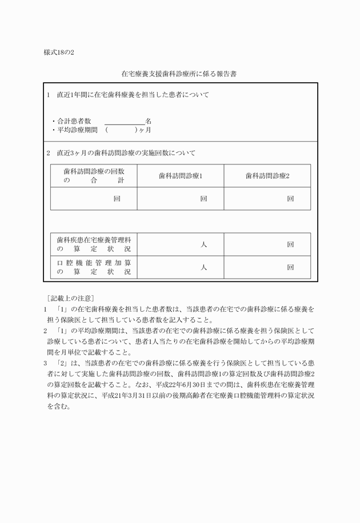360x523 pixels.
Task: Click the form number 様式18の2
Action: pos(59,53)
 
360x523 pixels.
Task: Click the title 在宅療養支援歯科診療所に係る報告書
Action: pos(180,74)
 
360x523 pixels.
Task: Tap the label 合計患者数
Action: pos(74,121)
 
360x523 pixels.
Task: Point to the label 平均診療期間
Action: pos(78,130)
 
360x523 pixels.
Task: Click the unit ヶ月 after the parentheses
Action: pos(146,130)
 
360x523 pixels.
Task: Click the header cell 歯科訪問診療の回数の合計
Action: pos(94,176)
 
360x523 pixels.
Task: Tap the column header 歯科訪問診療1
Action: pos(181,176)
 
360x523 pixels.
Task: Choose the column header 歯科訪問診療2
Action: pos(267,176)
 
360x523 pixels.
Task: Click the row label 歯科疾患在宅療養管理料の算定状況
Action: pos(94,244)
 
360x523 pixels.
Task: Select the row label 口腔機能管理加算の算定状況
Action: pos(94,267)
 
